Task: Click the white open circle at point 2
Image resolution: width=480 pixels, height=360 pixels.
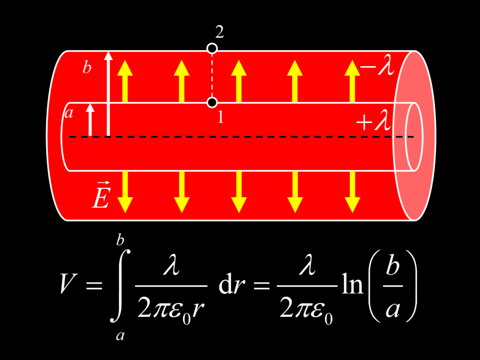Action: tap(212, 48)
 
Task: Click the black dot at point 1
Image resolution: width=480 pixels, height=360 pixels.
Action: tap(212, 102)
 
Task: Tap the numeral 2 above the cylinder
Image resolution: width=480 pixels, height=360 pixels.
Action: tap(219, 32)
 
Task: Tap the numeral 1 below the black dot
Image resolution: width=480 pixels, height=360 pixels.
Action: tap(220, 117)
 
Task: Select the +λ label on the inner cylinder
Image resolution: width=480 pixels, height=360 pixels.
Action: tap(374, 121)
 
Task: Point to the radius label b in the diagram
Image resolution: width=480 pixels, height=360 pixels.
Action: tap(87, 67)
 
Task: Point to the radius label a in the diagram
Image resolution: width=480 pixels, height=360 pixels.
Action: tap(69, 113)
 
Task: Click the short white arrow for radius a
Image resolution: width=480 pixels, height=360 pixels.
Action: tap(90, 120)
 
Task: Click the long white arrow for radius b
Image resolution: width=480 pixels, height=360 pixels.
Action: tap(108, 94)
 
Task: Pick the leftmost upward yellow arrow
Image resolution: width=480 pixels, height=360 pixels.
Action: tap(125, 81)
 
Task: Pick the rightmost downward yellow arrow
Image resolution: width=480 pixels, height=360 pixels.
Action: tap(352, 192)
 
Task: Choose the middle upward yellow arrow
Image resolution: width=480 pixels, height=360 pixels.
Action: tap(239, 81)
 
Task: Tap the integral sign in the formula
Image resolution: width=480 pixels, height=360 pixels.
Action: tap(120, 286)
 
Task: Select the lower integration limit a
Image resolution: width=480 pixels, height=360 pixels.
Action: tap(120, 336)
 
